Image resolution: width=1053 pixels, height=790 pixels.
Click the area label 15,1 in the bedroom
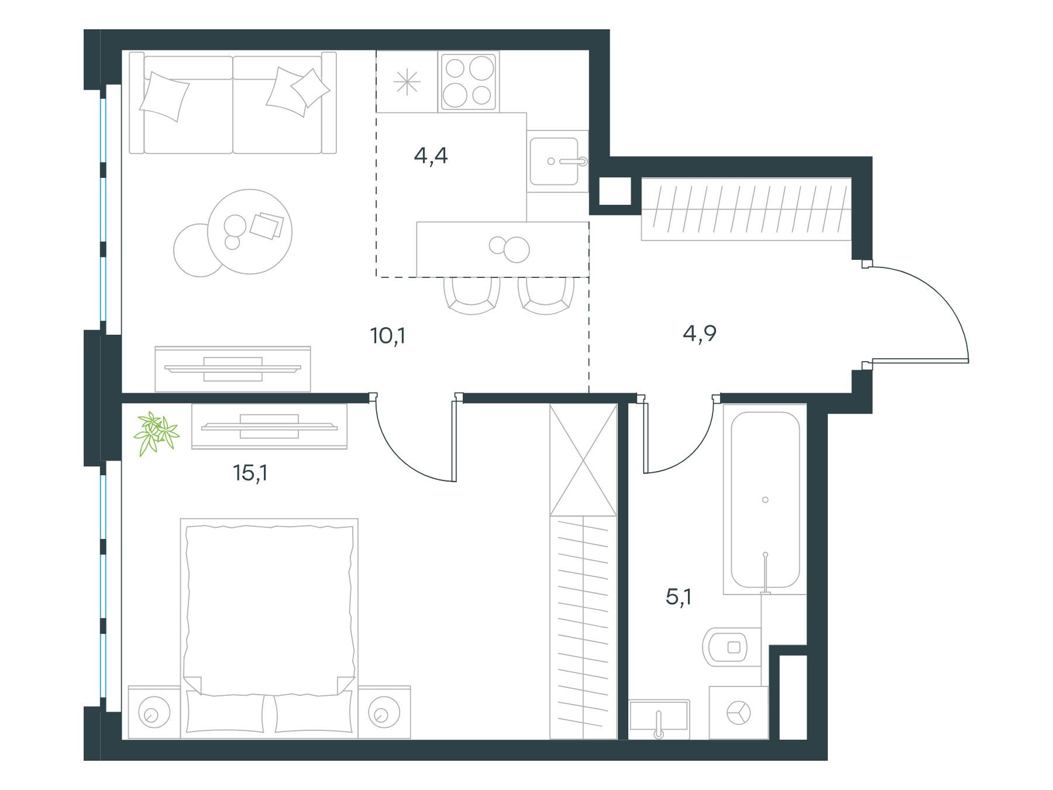[x=250, y=473]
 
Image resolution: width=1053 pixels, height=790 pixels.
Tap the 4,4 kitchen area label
[x=431, y=156]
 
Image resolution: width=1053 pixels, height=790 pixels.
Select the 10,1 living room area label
[x=388, y=336]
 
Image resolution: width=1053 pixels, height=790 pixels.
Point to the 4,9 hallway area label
[x=700, y=334]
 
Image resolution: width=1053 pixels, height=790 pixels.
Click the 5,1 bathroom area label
[x=679, y=597]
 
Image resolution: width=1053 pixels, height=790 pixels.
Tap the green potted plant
[x=156, y=433]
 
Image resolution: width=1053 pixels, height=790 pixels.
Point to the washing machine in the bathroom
[x=738, y=712]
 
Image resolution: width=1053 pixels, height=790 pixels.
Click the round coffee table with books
[x=250, y=231]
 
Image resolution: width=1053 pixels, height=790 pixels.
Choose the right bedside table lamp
[x=381, y=712]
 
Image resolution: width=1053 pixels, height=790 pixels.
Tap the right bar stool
[x=545, y=296]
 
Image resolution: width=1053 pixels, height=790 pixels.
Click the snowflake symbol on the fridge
[x=407, y=82]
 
